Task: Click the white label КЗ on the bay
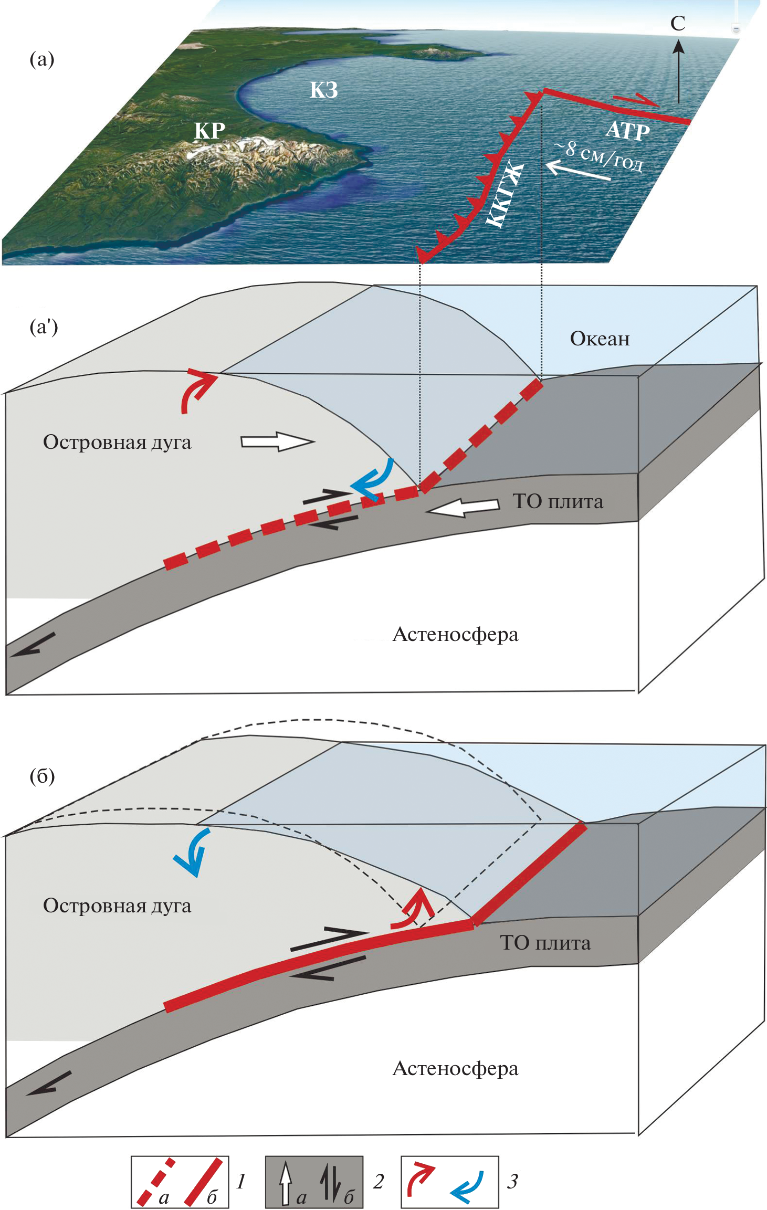point(323,90)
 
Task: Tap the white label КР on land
point(209,131)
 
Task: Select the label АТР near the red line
point(627,130)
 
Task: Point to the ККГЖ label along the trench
point(505,196)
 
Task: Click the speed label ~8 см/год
point(599,156)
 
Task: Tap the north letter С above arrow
point(678,24)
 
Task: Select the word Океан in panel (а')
point(600,339)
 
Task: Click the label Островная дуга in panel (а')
point(117,442)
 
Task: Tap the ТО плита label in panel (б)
point(545,943)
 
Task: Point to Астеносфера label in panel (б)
point(455,1068)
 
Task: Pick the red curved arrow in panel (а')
point(197,388)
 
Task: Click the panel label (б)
point(42,776)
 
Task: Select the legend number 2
point(379,1181)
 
